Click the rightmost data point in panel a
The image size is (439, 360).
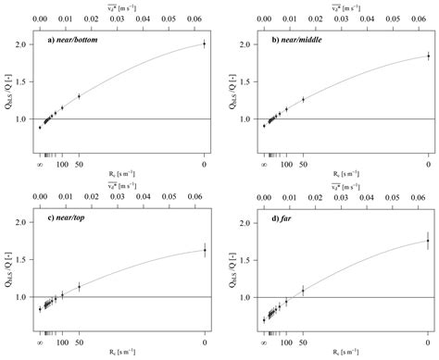point(204,43)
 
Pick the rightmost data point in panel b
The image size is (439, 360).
point(428,56)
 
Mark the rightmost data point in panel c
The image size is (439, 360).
point(204,249)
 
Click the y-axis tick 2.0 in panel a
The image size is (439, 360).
point(27,43)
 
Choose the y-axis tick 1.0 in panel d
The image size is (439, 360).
point(251,298)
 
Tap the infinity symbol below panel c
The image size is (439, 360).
point(40,343)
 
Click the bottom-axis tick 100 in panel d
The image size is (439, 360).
point(286,343)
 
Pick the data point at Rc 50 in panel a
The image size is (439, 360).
point(79,96)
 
